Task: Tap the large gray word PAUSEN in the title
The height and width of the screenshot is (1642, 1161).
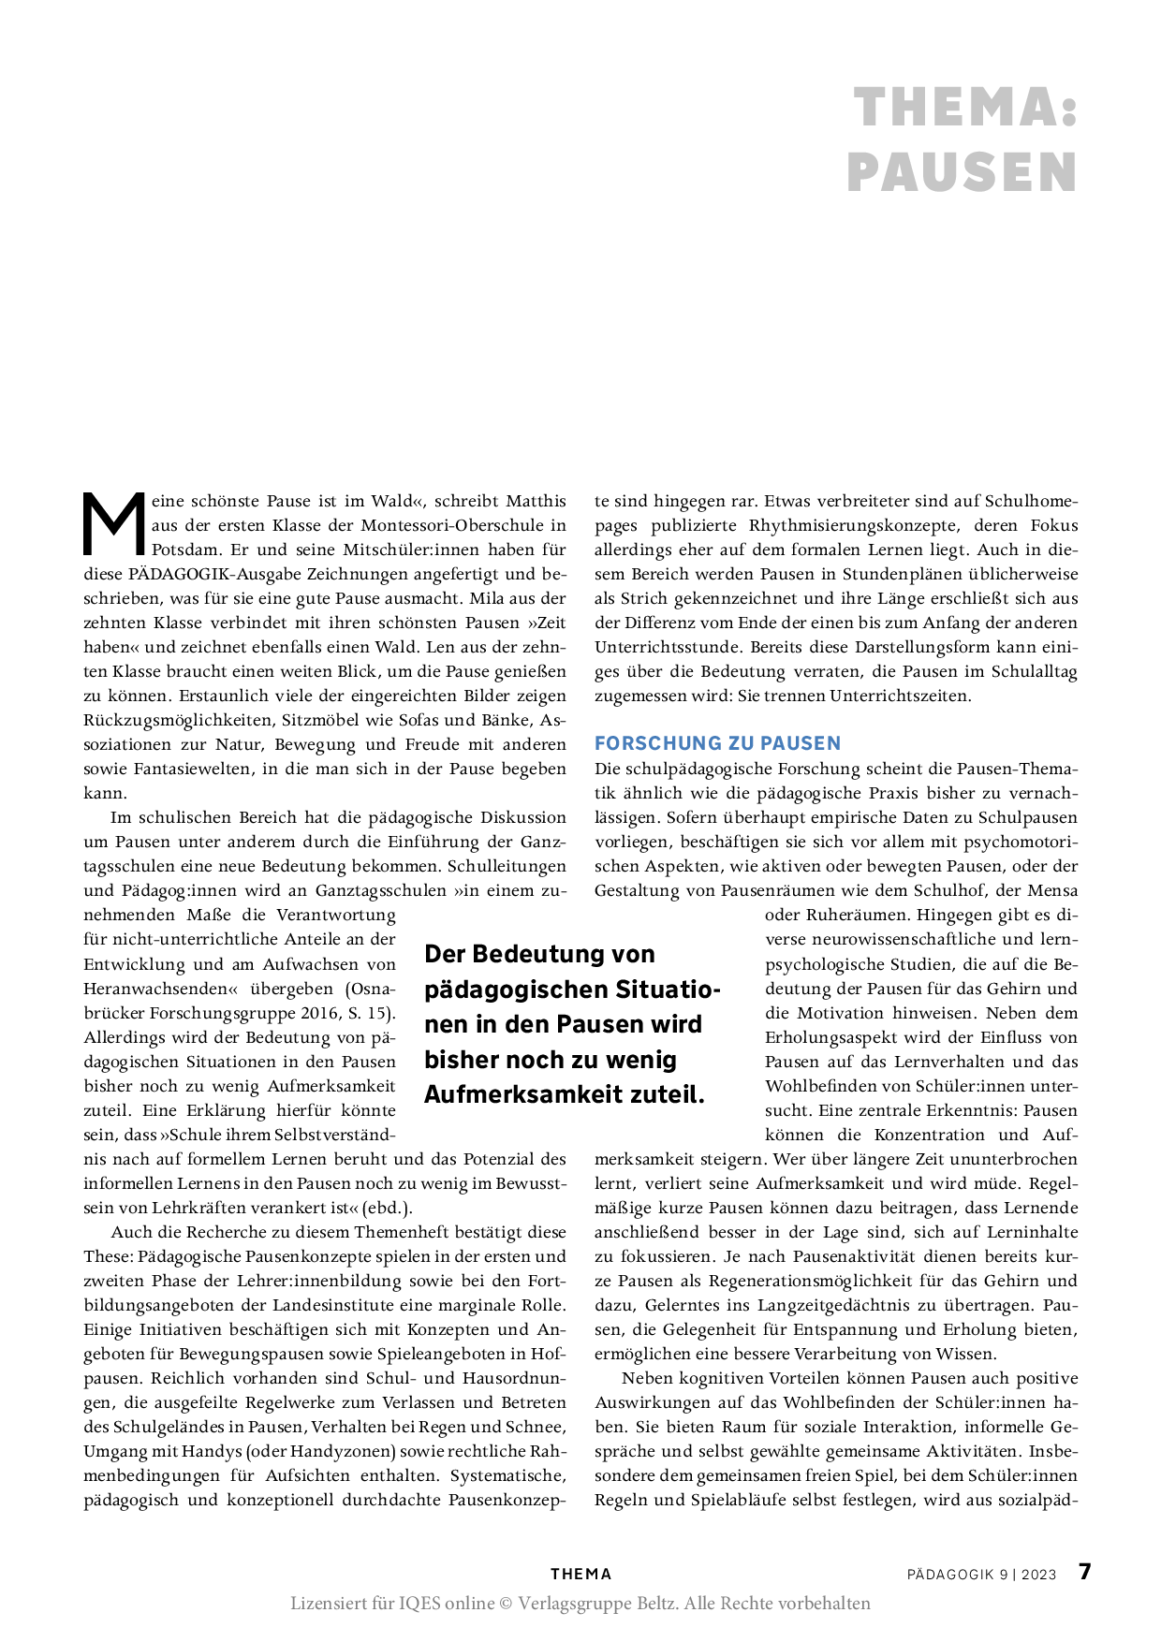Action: point(963,173)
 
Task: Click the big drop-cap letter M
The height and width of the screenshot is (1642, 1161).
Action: point(114,524)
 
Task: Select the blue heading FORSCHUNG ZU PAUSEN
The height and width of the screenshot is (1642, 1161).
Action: point(717,743)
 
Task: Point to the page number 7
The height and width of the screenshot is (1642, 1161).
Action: point(1084,1571)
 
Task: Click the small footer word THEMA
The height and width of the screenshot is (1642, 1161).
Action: point(580,1574)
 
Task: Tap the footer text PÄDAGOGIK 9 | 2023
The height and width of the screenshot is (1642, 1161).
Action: point(981,1575)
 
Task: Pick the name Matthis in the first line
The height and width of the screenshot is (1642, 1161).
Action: point(536,501)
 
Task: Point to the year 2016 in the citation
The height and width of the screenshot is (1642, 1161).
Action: point(320,1013)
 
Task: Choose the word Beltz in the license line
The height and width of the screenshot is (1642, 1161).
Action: point(653,1603)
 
